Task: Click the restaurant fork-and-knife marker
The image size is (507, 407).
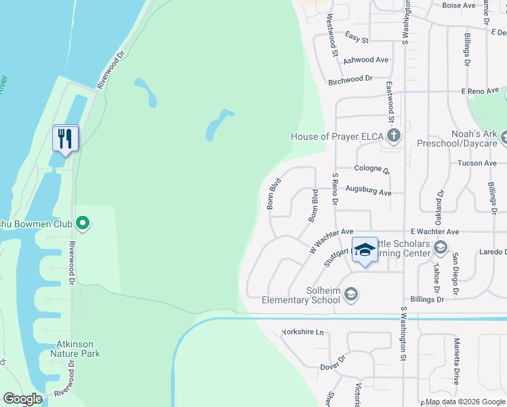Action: click(66, 138)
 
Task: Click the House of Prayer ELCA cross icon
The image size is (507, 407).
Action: click(394, 136)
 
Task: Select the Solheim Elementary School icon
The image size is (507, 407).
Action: click(351, 294)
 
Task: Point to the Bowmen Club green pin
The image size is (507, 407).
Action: click(83, 222)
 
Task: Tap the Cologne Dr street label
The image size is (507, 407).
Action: click(372, 169)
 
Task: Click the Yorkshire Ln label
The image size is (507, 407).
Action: click(303, 333)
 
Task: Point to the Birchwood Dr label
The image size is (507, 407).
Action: click(351, 79)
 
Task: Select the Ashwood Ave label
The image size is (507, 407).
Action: click(366, 60)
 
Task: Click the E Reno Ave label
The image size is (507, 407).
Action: click(480, 90)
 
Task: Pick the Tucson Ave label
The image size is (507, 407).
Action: click(477, 163)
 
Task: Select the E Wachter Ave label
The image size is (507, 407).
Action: click(435, 231)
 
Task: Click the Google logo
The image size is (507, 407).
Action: click(22, 399)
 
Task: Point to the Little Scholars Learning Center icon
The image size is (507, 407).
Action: click(440, 246)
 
